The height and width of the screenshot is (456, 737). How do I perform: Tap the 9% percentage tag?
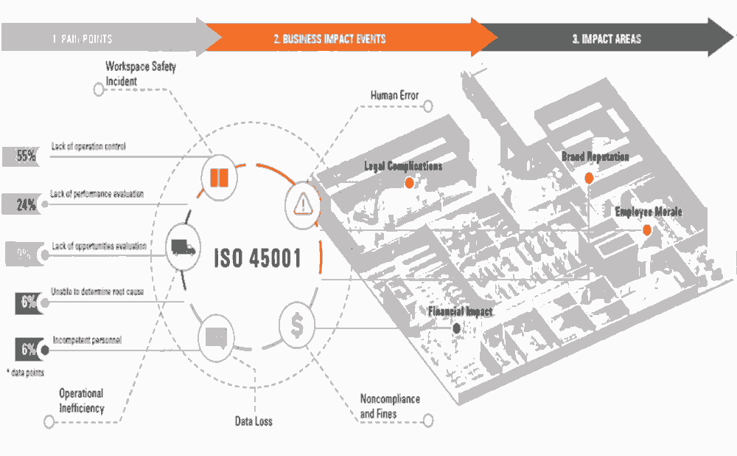(24, 255)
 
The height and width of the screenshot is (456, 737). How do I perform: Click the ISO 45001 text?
(257, 259)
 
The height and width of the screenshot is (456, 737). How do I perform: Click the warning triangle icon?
(302, 201)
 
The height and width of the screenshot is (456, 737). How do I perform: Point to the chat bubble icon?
(217, 338)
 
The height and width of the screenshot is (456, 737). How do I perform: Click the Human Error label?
(394, 95)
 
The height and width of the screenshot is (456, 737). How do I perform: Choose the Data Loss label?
(253, 421)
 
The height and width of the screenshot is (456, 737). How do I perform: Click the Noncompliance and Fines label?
(390, 406)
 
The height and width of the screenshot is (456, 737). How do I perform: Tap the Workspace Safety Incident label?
(141, 74)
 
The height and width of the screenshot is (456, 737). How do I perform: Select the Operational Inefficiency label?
(81, 401)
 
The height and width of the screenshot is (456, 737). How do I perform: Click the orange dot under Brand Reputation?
(589, 178)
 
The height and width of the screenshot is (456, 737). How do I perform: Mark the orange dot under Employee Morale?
(647, 230)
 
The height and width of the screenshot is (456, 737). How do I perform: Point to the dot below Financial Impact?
(457, 328)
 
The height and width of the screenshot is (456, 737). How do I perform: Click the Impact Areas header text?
(606, 39)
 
